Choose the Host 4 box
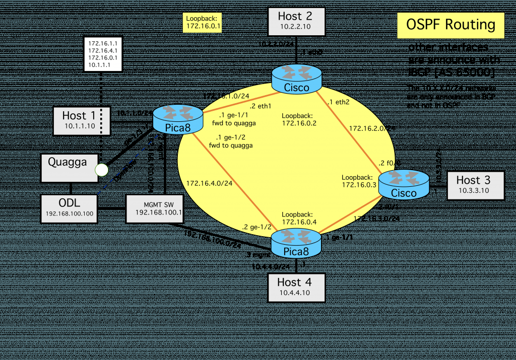tap(295, 287)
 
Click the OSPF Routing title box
tap(450, 25)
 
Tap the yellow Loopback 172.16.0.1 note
tap(204, 23)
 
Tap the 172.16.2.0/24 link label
tap(371, 128)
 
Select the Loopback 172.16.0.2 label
tap(299, 119)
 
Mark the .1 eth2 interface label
tap(339, 102)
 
